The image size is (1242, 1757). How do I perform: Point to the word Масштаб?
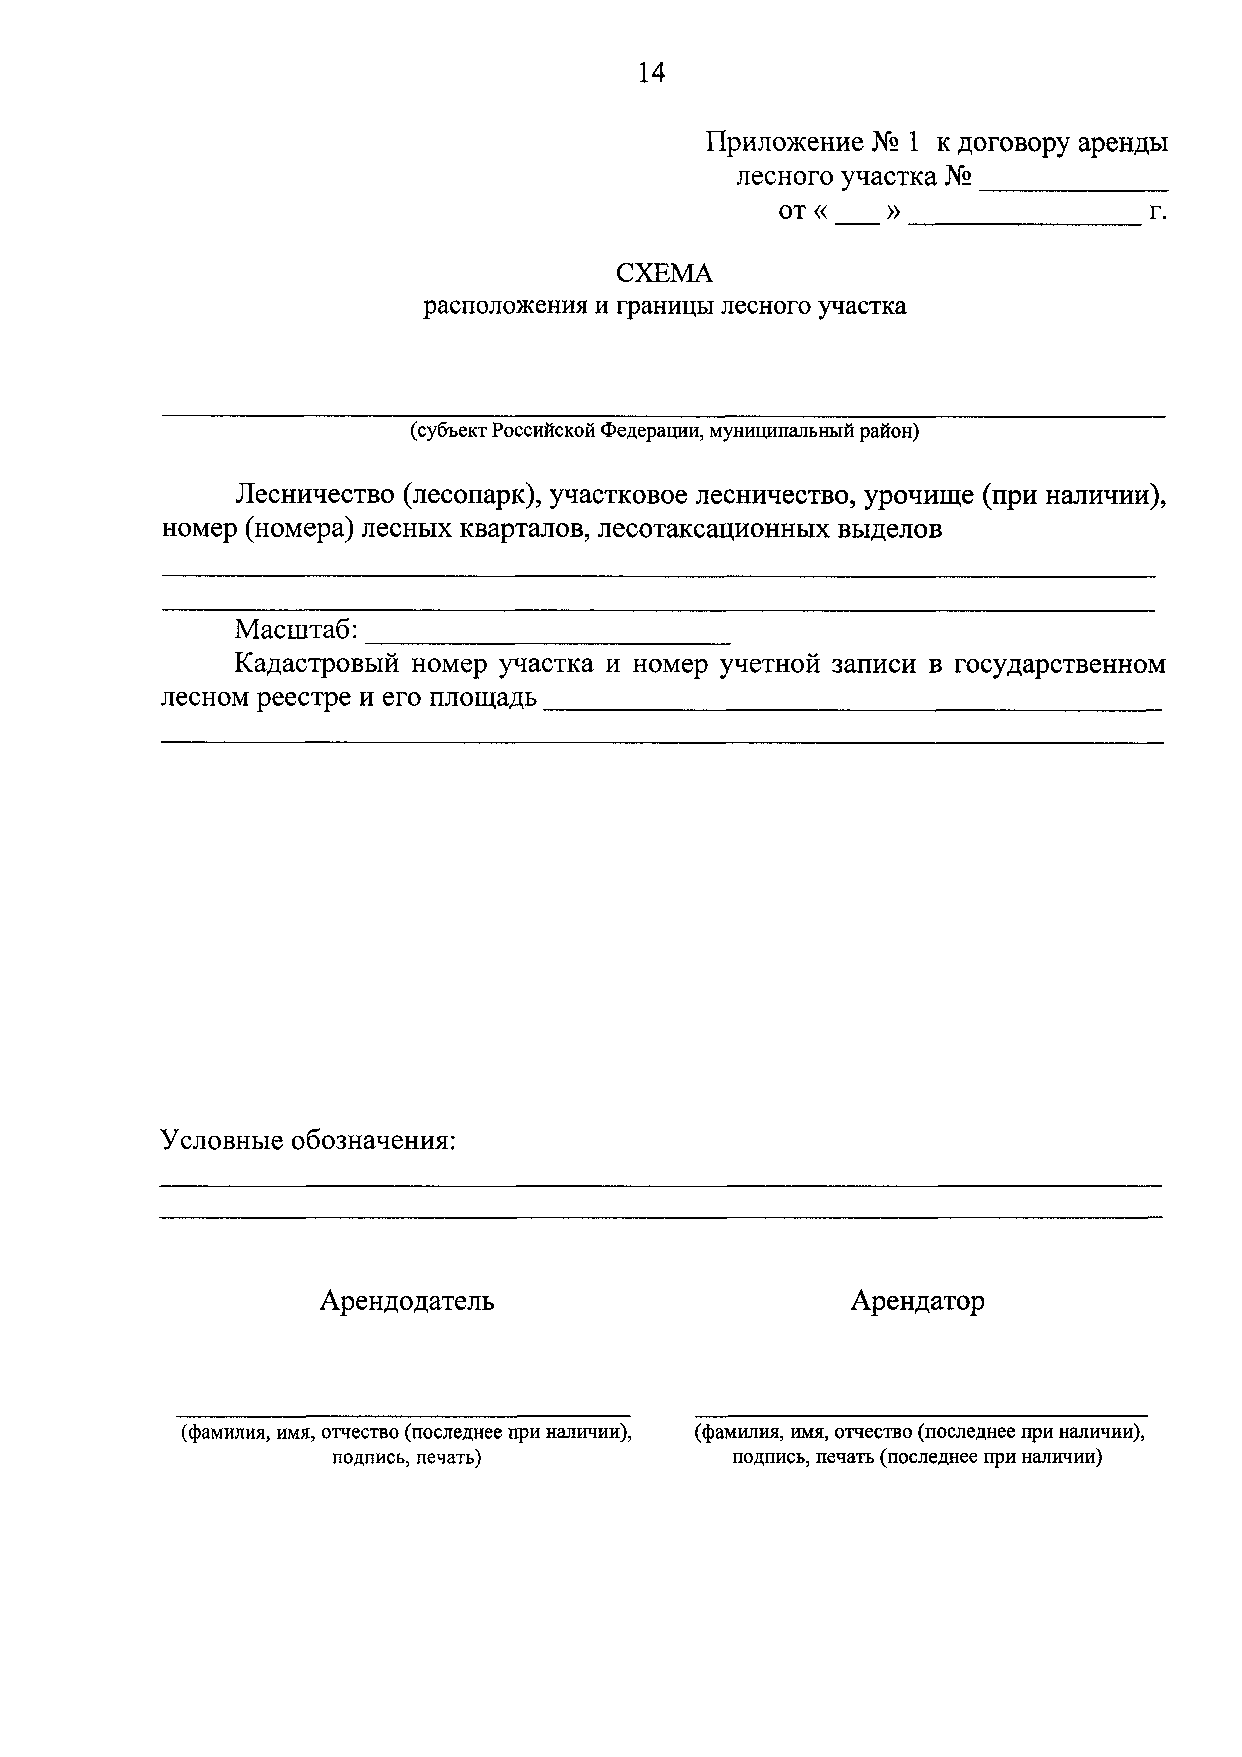[296, 629]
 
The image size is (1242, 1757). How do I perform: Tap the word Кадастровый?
[316, 664]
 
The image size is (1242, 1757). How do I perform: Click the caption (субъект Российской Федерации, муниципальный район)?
[664, 432]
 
